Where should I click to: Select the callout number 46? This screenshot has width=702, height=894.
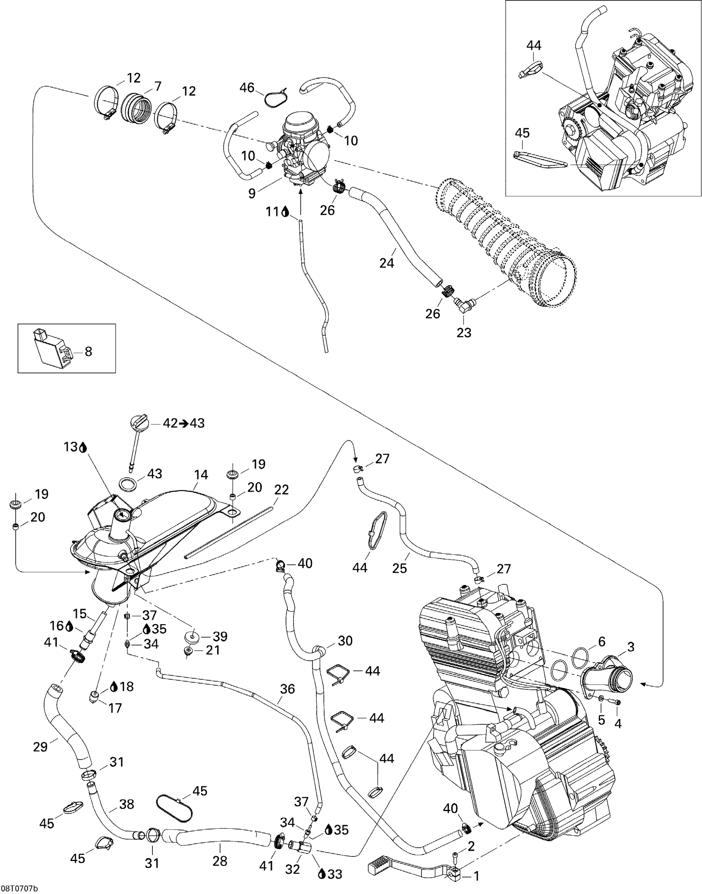click(247, 88)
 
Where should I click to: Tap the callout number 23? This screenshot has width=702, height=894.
click(464, 333)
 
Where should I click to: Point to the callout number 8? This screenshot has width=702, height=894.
click(88, 351)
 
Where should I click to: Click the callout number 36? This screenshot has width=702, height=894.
click(287, 689)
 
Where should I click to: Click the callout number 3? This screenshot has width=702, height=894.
click(631, 646)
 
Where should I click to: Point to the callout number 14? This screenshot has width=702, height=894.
click(201, 475)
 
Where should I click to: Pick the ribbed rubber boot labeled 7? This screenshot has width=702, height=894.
click(136, 108)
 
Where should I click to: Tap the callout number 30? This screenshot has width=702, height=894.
click(345, 641)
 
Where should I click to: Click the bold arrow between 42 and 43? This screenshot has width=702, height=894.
click(183, 423)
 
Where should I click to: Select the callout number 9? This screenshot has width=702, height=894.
click(252, 193)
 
